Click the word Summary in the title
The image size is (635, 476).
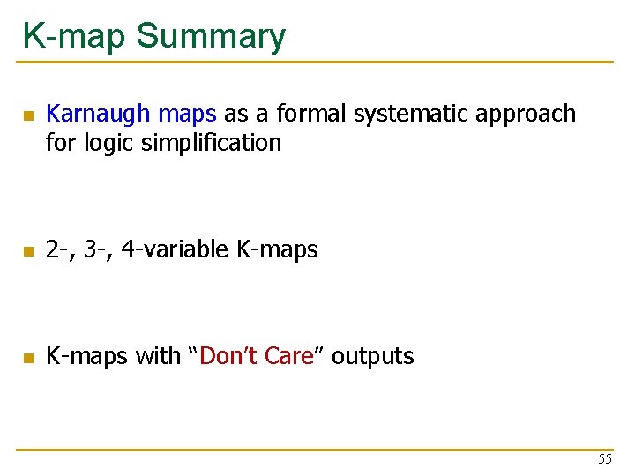[x=212, y=37]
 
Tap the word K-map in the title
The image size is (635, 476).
[x=76, y=37]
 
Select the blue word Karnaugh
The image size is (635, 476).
[x=100, y=114]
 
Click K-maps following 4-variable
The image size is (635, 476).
[x=277, y=250]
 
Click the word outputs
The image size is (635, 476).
[x=372, y=356]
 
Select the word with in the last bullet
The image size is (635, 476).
[x=157, y=356]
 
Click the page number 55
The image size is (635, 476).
[x=604, y=459]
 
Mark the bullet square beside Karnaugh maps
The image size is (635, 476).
[x=28, y=115]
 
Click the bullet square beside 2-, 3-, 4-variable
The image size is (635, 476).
[x=28, y=252]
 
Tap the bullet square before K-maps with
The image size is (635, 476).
[x=28, y=358]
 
